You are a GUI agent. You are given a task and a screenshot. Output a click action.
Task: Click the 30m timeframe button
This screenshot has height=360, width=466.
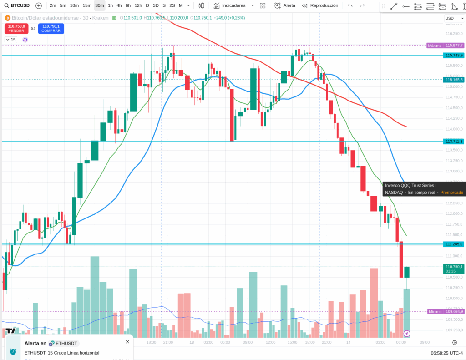point(99,5)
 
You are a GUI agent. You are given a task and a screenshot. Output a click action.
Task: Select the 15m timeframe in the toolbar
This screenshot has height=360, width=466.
point(87,5)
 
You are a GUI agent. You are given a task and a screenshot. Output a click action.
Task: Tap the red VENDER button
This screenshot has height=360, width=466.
point(16,28)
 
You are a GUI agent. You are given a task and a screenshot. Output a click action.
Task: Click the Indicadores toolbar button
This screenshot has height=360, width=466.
point(230,5)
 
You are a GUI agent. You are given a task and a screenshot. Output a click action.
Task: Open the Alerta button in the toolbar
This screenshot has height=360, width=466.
point(284,5)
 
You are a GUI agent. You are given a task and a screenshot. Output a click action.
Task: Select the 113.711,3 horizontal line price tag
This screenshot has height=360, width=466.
point(454,142)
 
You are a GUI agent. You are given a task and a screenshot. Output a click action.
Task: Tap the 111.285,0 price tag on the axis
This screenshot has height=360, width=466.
point(454,244)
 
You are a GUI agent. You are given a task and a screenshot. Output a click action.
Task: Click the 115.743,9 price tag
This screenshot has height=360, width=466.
point(454,55)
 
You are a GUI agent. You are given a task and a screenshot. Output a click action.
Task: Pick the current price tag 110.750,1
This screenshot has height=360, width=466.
point(454,267)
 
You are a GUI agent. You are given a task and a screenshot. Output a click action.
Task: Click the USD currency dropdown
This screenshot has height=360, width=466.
point(452,18)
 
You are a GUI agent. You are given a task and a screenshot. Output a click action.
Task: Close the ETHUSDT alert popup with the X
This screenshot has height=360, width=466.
point(127,341)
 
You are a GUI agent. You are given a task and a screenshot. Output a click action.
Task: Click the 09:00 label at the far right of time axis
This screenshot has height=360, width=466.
point(424,342)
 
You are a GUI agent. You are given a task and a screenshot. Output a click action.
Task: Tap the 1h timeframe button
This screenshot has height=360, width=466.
point(110,5)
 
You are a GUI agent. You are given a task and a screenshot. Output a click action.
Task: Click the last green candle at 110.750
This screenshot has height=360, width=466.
point(407,272)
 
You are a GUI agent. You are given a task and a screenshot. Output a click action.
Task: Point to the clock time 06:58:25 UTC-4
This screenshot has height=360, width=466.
point(446,353)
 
